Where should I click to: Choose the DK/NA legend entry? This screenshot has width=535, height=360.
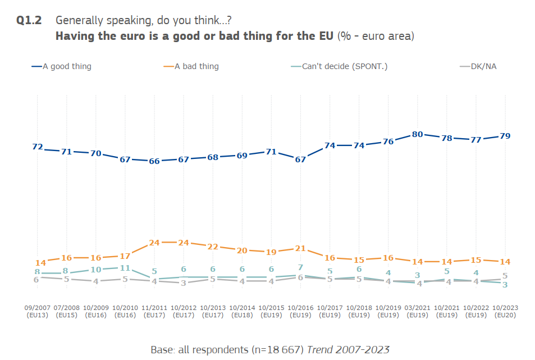[x=483, y=66]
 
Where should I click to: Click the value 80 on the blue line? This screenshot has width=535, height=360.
[x=417, y=134]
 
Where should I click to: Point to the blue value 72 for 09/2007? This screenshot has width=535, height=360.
[x=38, y=147]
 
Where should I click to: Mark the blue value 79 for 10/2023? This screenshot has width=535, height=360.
[x=505, y=136]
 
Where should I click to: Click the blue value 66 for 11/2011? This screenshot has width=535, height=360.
[x=154, y=161]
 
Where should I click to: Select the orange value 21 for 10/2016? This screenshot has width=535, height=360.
[x=300, y=248]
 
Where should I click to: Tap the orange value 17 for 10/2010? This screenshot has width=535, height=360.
[x=125, y=257]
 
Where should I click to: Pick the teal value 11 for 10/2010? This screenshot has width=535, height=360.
[x=125, y=268]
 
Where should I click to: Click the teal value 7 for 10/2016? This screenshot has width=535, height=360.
[x=300, y=267]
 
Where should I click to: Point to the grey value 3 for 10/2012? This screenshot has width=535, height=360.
[x=184, y=283]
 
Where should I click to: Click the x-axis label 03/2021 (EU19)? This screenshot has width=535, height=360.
[x=417, y=312]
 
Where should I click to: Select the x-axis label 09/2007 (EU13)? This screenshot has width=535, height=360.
[x=38, y=312]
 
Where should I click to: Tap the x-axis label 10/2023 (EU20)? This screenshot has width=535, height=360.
[x=505, y=312]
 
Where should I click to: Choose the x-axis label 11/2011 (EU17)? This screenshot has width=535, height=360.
[x=154, y=312]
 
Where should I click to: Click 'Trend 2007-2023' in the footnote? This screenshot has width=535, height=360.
[x=348, y=349]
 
